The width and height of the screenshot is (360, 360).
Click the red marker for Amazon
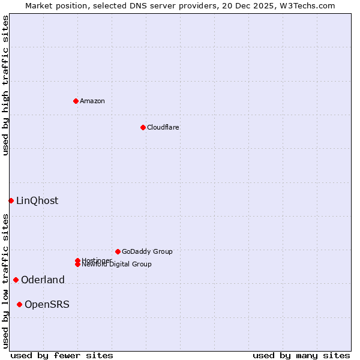coord(76,101)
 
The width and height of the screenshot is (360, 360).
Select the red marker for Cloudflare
coord(143,127)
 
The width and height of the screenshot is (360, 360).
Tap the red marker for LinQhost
coord(11,200)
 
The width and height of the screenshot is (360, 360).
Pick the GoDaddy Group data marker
coord(118,251)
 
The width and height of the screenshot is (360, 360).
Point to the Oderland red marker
coord(16,280)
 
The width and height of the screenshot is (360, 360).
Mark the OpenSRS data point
coord(19,304)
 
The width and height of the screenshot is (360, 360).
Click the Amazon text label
coord(92,101)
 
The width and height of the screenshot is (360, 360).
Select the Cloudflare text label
coord(163,127)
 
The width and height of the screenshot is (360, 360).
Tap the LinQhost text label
coord(37,200)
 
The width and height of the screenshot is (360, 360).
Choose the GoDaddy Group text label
coord(147,251)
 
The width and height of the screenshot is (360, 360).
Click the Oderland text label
coord(43,280)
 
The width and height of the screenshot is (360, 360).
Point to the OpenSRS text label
coord(47,304)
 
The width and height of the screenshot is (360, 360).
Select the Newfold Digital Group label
coord(116,264)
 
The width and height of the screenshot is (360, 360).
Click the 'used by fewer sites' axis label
coord(62,355)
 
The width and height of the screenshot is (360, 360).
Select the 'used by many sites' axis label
coord(301,355)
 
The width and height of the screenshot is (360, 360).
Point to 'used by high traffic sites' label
coord(5,85)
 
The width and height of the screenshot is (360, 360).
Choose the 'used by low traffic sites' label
coord(5,281)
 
